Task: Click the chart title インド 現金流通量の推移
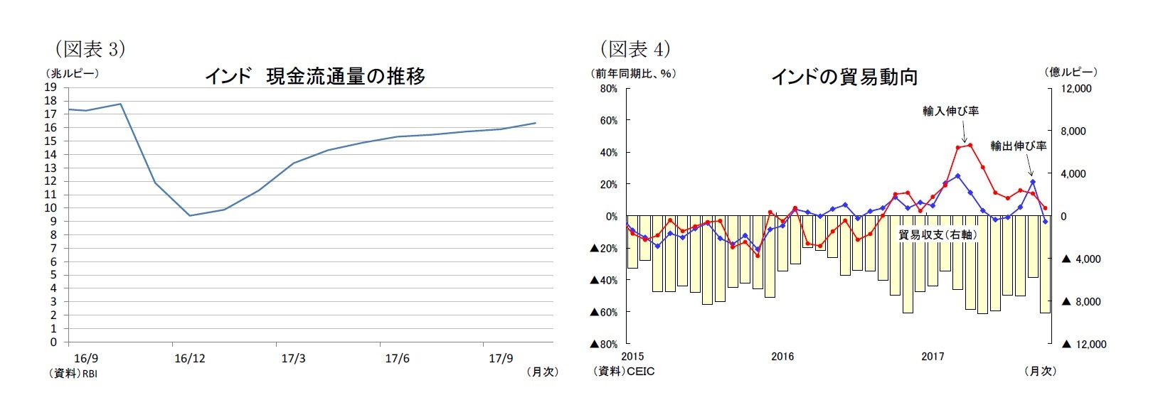[x=315, y=76]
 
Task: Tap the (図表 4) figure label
[x=635, y=49]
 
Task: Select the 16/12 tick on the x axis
[x=189, y=359]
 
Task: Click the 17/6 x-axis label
[x=397, y=359]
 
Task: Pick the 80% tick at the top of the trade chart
[x=608, y=89]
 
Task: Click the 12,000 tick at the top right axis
[x=1076, y=89]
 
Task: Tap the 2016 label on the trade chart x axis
[x=782, y=357]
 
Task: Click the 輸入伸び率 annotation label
[x=950, y=112]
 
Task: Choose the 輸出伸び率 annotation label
[x=1018, y=146]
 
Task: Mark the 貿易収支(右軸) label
[x=936, y=235]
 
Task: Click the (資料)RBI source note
[x=73, y=374]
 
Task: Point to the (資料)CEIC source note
[x=624, y=372]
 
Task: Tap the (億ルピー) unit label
[x=1071, y=72]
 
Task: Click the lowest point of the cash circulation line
[x=190, y=215]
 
